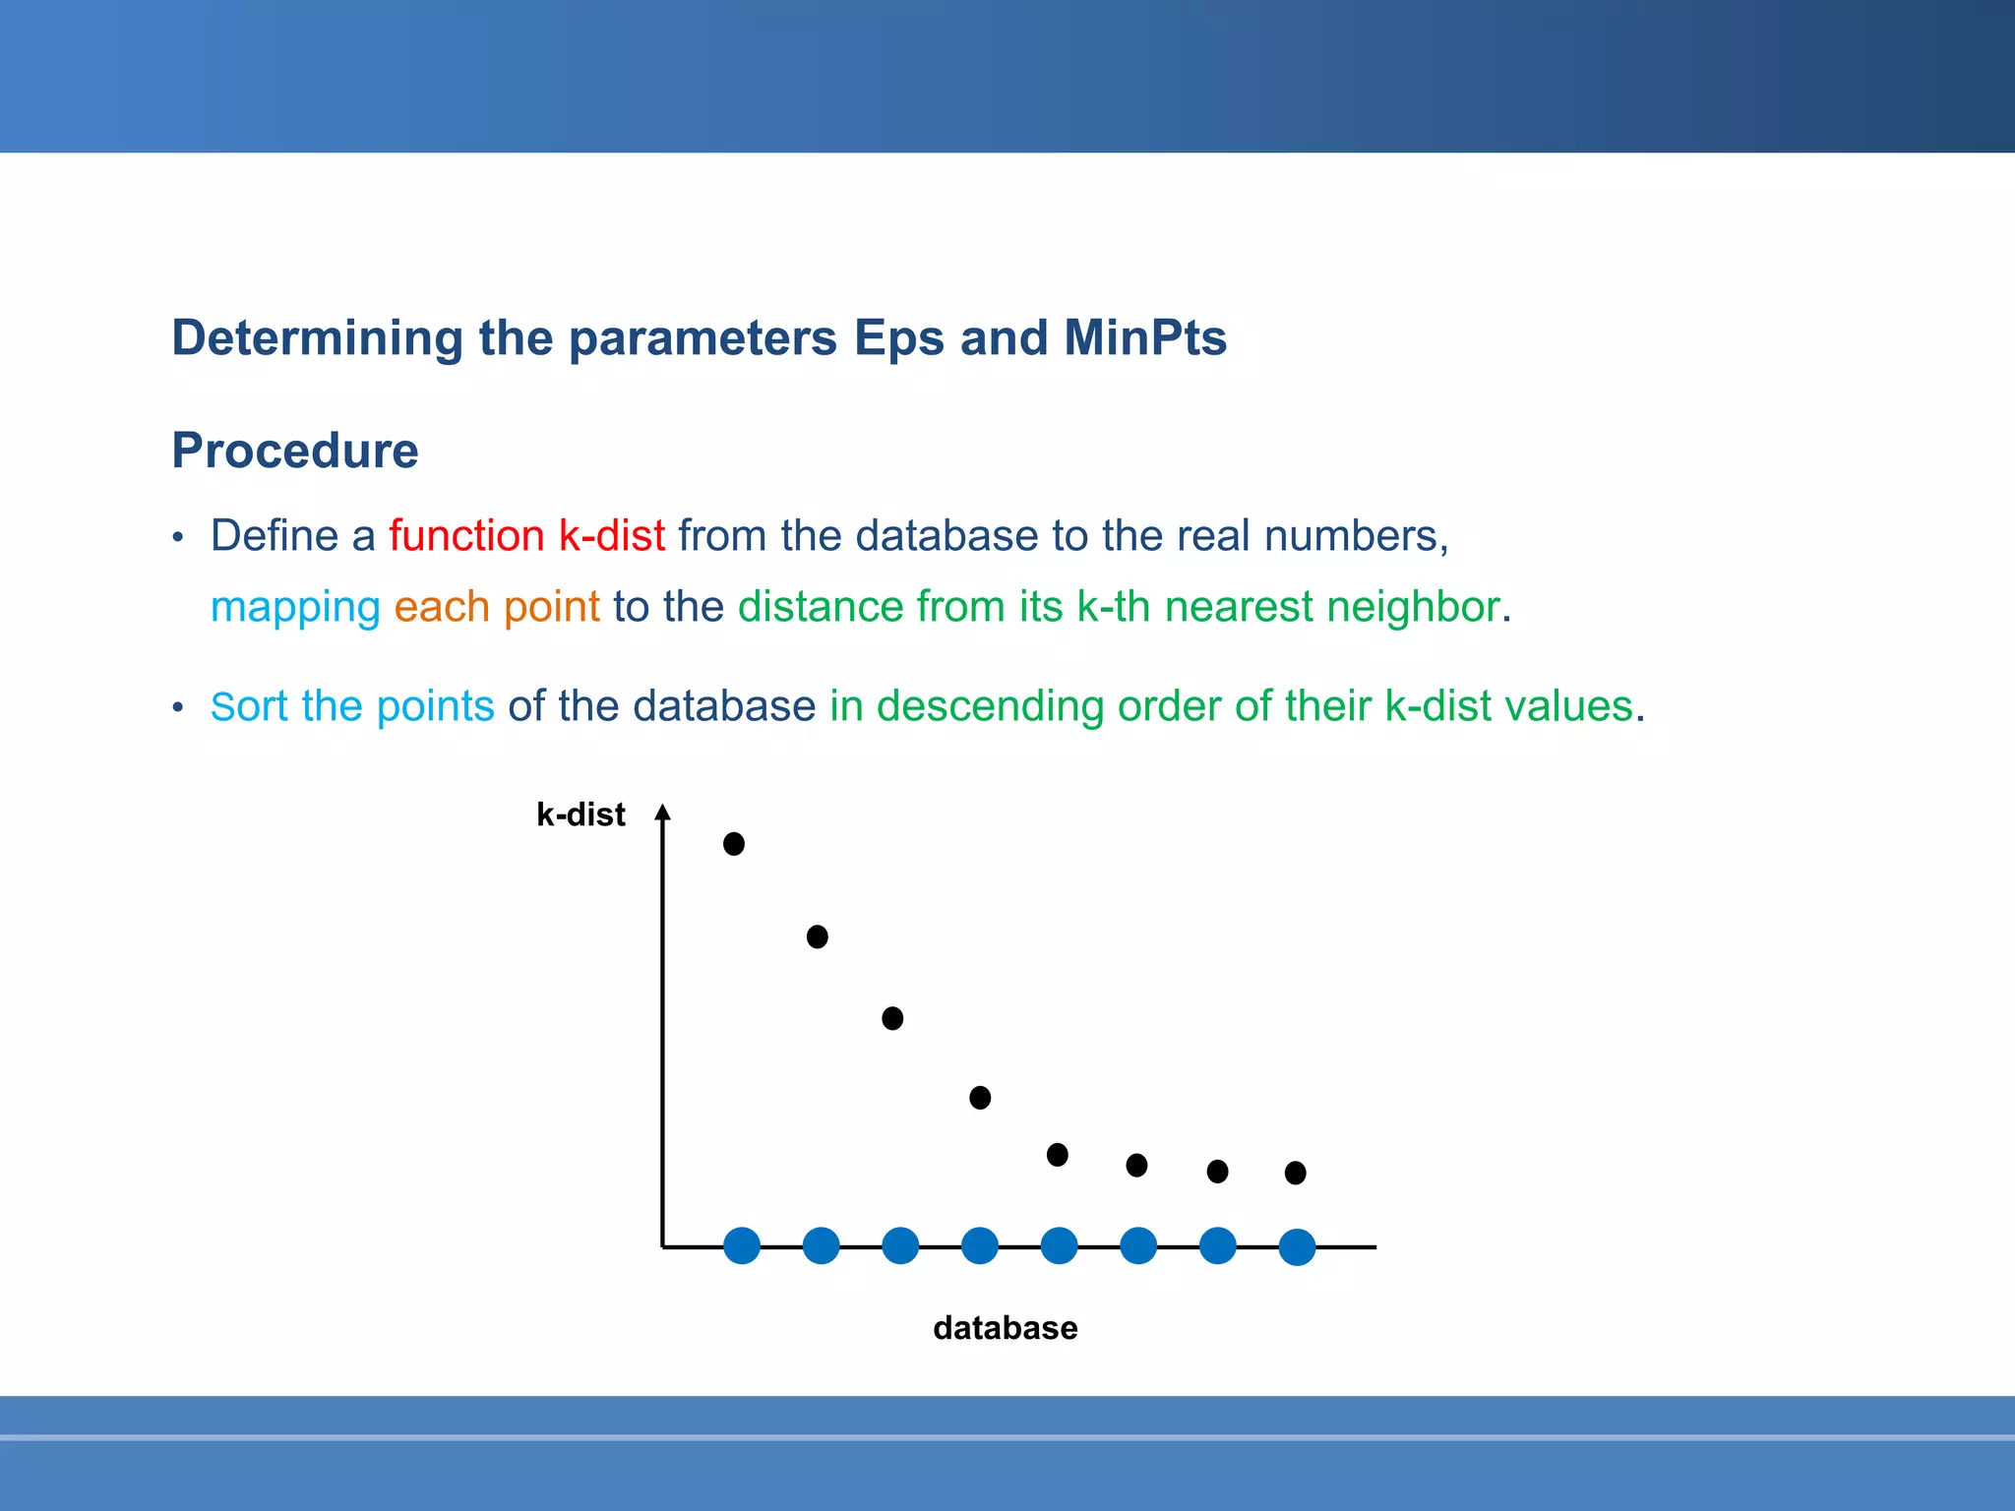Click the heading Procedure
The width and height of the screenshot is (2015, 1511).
pyautogui.click(x=294, y=451)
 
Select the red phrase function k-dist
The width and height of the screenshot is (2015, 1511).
pyautogui.click(x=526, y=536)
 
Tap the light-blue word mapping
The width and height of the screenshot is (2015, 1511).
pyautogui.click(x=295, y=607)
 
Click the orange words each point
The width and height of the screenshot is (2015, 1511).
pyautogui.click(x=497, y=607)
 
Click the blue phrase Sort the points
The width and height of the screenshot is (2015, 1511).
pyautogui.click(x=352, y=706)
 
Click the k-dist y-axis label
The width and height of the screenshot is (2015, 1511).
pyautogui.click(x=580, y=815)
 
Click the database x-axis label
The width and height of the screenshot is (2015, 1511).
pyautogui.click(x=1005, y=1328)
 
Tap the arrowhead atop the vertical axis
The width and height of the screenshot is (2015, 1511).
pyautogui.click(x=663, y=812)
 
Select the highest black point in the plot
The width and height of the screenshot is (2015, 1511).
pyautogui.click(x=734, y=844)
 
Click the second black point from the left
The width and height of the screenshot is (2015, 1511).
pyautogui.click(x=818, y=937)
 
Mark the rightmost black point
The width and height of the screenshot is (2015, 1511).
pyautogui.click(x=1296, y=1173)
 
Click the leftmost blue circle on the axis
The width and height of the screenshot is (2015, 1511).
pyautogui.click(x=742, y=1245)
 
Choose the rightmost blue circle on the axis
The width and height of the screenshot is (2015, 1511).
pyautogui.click(x=1297, y=1247)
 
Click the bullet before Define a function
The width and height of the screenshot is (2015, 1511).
pyautogui.click(x=178, y=538)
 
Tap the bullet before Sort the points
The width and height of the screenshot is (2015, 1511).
pyautogui.click(x=178, y=708)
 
